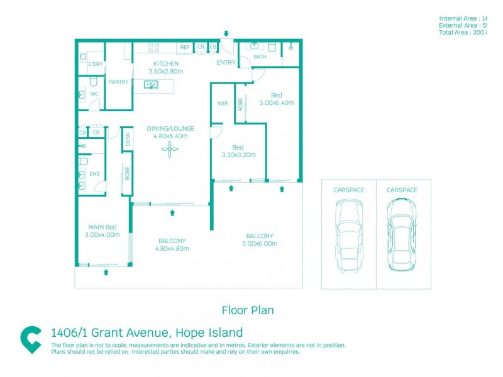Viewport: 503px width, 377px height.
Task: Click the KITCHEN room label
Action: (166, 63)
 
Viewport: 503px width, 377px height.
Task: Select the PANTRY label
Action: (118, 82)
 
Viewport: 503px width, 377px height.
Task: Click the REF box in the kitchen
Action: (185, 47)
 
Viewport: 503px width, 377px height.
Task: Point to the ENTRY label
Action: (226, 62)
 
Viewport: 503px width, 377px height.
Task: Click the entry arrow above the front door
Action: (226, 33)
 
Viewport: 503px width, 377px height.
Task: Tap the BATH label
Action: (260, 57)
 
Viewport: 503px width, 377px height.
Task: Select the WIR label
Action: (223, 103)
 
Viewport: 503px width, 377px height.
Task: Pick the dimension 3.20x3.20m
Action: (238, 155)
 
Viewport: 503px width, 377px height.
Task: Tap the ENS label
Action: (94, 173)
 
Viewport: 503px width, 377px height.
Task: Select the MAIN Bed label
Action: (102, 227)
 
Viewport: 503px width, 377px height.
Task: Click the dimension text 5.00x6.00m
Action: (260, 244)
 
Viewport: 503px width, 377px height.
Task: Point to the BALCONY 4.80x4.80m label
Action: (172, 244)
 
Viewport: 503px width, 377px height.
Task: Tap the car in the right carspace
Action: (402, 234)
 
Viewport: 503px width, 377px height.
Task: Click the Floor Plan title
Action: (247, 310)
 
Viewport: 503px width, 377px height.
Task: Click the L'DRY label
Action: (96, 64)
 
